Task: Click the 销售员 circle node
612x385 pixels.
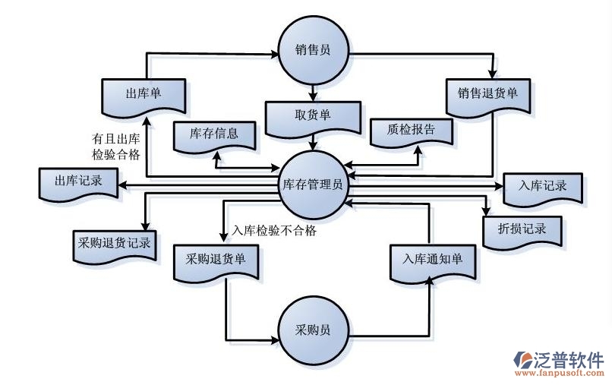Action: pos(312,51)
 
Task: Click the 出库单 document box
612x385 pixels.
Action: pos(144,94)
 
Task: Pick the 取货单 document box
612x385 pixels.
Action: pos(312,115)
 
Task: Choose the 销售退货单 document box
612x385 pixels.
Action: pos(487,94)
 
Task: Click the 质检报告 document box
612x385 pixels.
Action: pos(411,130)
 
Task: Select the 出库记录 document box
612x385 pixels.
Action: pos(78,183)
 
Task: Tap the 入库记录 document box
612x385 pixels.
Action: pos(544,185)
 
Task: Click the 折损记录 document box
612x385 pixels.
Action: pos(523,229)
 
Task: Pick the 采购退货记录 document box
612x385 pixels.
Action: pos(114,244)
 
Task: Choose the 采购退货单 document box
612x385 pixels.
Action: pos(216,258)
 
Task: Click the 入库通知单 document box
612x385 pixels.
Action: pos(432,259)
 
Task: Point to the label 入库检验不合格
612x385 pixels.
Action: pos(274,231)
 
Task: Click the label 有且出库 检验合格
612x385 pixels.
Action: pos(115,147)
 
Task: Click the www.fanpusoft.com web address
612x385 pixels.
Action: pos(560,374)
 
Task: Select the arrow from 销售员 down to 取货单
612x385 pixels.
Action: pos(312,90)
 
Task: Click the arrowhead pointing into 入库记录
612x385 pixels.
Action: pos(499,185)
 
